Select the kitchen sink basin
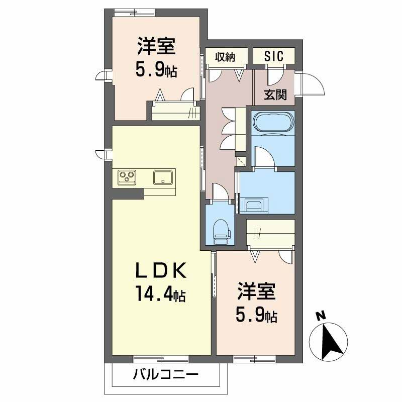(163, 177)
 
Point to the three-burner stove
(127, 177)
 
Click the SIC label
(274, 56)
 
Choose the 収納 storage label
(225, 57)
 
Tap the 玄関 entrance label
(275, 95)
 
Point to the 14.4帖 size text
(161, 294)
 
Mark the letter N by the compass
(321, 316)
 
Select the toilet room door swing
(220, 191)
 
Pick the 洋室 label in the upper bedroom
(156, 46)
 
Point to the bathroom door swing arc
(265, 156)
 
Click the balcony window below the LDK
(161, 359)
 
